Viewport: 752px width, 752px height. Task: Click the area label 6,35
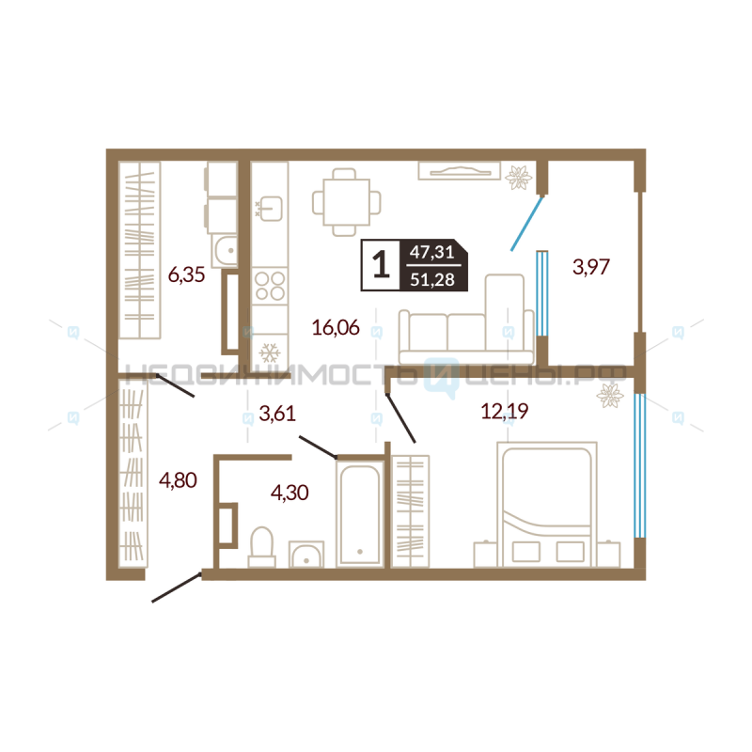click(x=186, y=275)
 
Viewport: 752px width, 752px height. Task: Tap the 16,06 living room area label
click(x=336, y=327)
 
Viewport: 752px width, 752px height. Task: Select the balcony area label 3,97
click(x=591, y=267)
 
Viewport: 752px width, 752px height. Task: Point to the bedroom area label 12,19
click(x=505, y=411)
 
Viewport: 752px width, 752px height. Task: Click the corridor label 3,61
click(x=277, y=413)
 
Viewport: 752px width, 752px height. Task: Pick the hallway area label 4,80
click(x=178, y=480)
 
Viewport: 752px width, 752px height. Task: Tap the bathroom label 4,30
click(x=290, y=493)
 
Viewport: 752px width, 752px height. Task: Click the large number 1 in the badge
click(x=382, y=265)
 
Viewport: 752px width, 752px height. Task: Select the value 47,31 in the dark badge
click(x=432, y=252)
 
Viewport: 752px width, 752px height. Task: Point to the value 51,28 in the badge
click(x=432, y=279)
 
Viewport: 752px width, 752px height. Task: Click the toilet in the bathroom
click(x=262, y=548)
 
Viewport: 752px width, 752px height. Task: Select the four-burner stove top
click(x=270, y=286)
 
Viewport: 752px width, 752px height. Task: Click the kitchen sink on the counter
click(x=271, y=209)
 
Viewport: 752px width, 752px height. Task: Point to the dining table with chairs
click(x=346, y=202)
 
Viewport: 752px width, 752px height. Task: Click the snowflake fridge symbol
click(x=270, y=353)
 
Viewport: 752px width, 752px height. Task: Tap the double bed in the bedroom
click(x=547, y=505)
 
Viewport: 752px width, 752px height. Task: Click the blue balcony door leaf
click(x=526, y=224)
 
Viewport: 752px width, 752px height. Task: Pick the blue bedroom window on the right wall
click(x=639, y=465)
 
